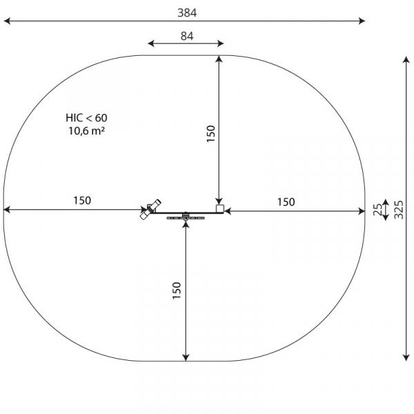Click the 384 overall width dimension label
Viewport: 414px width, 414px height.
(187, 12)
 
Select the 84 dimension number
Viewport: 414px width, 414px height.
(187, 36)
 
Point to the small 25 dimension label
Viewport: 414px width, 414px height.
(378, 210)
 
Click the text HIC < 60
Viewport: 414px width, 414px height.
(86, 118)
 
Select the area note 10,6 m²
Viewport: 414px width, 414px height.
(87, 130)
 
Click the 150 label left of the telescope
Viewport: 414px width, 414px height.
(82, 201)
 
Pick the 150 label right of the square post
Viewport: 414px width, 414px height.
(286, 202)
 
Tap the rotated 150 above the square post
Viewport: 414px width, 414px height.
(210, 134)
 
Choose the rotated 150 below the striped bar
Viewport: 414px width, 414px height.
(177, 290)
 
